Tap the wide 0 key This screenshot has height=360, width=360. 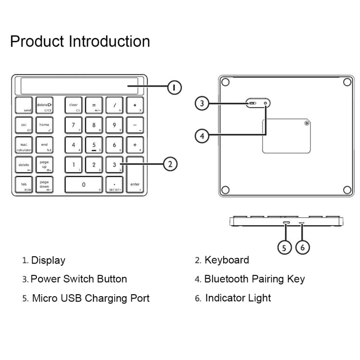pos(84,185)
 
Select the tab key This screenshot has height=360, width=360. pos(24,185)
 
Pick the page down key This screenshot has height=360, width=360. pos(44,185)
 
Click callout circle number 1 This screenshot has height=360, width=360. pos(174,87)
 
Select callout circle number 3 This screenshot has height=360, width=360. pos(202,103)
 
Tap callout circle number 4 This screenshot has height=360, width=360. pos(202,136)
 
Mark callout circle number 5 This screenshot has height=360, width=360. pos(285,248)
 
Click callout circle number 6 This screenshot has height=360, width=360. pos(302,248)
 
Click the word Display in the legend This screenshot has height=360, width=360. pos(48,261)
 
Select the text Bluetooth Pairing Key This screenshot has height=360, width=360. pos(254,279)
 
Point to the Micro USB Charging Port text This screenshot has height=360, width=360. pos(91,298)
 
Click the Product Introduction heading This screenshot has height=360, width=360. pos(80,41)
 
